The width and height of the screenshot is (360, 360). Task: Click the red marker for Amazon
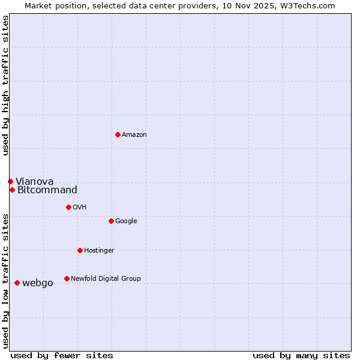click(x=118, y=134)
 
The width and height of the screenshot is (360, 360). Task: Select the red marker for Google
click(x=111, y=221)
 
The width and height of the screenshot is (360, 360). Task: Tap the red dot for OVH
click(x=68, y=207)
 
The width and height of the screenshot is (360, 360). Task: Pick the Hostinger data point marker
click(x=80, y=250)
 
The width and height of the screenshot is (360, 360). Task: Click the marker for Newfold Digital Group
click(x=67, y=278)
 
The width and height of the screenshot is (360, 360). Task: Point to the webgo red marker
click(x=17, y=283)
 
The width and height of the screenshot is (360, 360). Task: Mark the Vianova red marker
click(x=10, y=181)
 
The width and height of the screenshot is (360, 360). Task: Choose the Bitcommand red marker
click(x=12, y=190)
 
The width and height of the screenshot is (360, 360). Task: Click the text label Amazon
click(x=134, y=134)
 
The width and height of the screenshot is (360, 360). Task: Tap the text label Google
click(x=126, y=221)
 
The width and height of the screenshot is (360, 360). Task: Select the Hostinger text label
click(x=99, y=250)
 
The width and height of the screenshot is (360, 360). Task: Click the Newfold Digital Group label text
click(x=106, y=278)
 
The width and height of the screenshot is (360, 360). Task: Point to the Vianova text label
click(x=34, y=181)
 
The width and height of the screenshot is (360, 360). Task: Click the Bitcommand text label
click(x=47, y=190)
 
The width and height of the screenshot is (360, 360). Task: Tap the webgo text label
click(x=37, y=283)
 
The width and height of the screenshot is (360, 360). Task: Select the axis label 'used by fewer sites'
click(x=62, y=355)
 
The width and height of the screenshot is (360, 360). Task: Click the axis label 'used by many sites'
click(x=301, y=355)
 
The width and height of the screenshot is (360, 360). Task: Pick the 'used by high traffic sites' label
click(x=5, y=85)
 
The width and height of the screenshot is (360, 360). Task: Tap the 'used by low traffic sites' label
click(x=5, y=281)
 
